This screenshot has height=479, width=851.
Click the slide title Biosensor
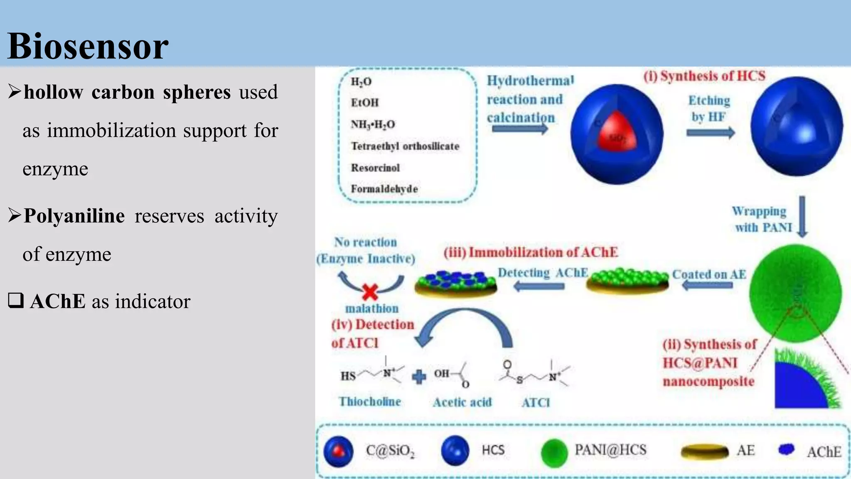(88, 46)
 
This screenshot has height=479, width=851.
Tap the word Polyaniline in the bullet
(74, 216)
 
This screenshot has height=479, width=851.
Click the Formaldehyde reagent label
(384, 189)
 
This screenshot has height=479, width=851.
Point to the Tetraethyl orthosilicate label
(405, 146)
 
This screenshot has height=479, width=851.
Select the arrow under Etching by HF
(711, 133)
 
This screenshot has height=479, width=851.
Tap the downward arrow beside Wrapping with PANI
(802, 217)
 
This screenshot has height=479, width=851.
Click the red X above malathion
(370, 292)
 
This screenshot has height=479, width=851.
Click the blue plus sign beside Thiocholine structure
(419, 377)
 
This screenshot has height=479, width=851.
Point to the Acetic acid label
(462, 402)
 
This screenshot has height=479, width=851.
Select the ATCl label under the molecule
(536, 402)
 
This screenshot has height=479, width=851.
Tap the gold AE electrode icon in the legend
(705, 452)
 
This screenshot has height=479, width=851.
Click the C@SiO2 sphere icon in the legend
(339, 452)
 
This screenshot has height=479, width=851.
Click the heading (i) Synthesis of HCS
(704, 76)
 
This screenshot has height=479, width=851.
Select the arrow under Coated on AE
(707, 285)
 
